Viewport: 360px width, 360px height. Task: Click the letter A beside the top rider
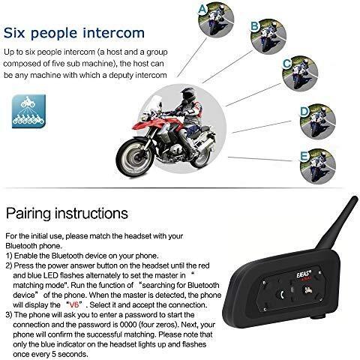click(202, 10)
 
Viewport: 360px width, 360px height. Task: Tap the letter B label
click(254, 25)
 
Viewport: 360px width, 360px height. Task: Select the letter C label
click(287, 64)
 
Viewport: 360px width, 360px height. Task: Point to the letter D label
click(304, 112)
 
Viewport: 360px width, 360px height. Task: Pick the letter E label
click(304, 156)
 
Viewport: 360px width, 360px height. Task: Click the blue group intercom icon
click(28, 111)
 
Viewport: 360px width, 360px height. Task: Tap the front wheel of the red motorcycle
click(134, 157)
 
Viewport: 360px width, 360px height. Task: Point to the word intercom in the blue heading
click(114, 33)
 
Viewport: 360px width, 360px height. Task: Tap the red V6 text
click(74, 304)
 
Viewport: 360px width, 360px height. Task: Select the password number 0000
click(128, 325)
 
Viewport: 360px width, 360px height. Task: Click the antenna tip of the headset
click(355, 199)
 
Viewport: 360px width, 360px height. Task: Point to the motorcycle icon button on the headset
click(307, 290)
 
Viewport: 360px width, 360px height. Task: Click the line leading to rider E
click(260, 159)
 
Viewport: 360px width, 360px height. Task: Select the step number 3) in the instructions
click(9, 315)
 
